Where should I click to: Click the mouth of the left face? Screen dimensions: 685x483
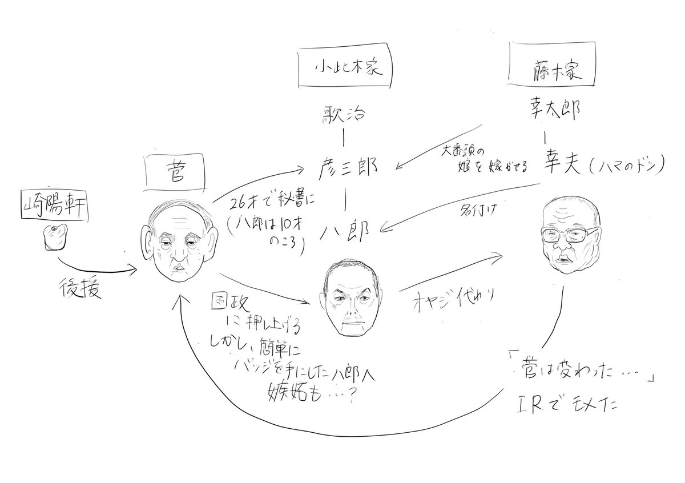(x=179, y=268)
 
